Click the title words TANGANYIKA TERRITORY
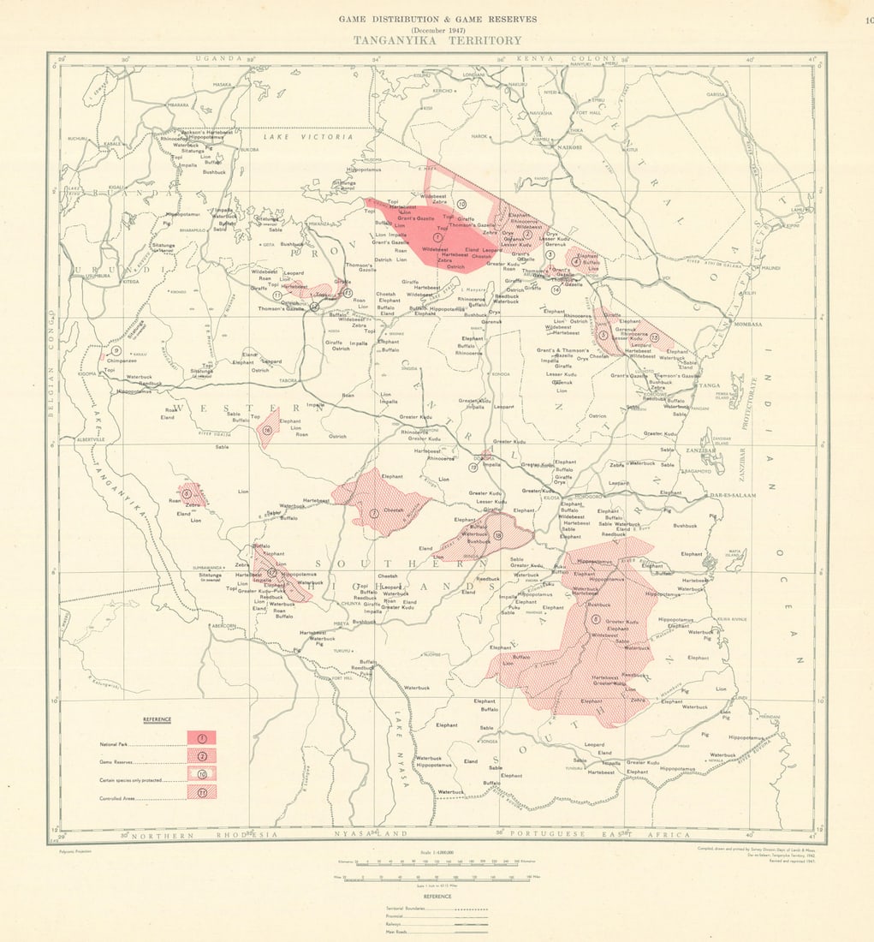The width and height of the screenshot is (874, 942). [x=437, y=40]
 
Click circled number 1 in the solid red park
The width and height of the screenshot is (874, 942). [x=437, y=237]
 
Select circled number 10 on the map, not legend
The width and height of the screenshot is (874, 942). [x=461, y=204]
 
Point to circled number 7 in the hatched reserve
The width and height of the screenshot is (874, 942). [x=374, y=513]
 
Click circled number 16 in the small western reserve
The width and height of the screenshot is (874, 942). [x=267, y=431]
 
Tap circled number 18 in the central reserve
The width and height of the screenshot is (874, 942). [x=497, y=535]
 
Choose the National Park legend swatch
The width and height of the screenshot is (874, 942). [x=202, y=737]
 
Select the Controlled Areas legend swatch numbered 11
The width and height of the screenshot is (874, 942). [x=202, y=793]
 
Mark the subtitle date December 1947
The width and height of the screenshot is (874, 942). [x=437, y=29]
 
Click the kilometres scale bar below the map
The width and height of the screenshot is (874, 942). [x=437, y=862]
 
